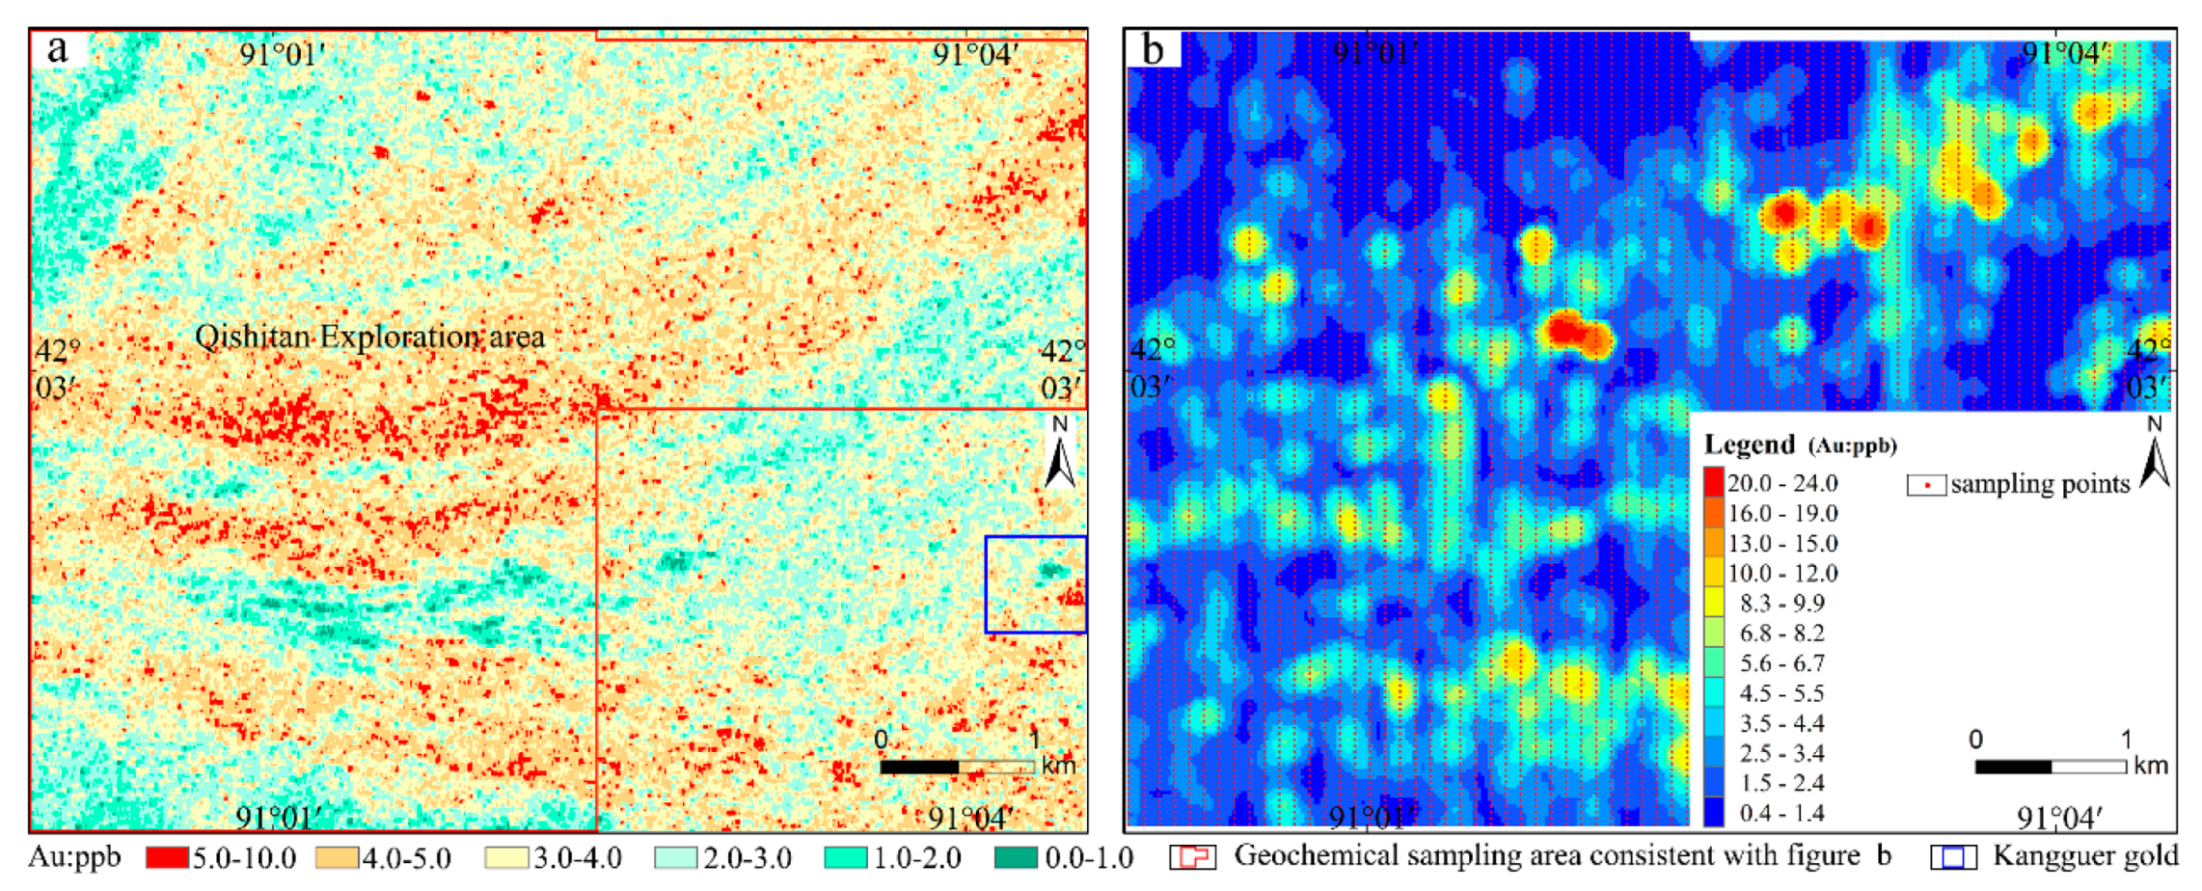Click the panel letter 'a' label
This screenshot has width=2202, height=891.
click(58, 49)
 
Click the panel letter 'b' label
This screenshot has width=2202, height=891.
click(1153, 49)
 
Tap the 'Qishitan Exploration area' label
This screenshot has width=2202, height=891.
click(369, 337)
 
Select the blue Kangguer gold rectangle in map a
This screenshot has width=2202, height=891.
click(1035, 584)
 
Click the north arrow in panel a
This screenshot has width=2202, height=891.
click(1060, 453)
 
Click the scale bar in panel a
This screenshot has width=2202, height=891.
click(957, 767)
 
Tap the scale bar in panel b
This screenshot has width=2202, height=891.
click(2050, 767)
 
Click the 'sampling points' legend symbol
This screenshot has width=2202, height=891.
click(1925, 484)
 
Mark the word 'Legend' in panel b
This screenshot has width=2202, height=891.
click(1749, 445)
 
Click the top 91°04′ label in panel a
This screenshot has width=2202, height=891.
click(974, 54)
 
